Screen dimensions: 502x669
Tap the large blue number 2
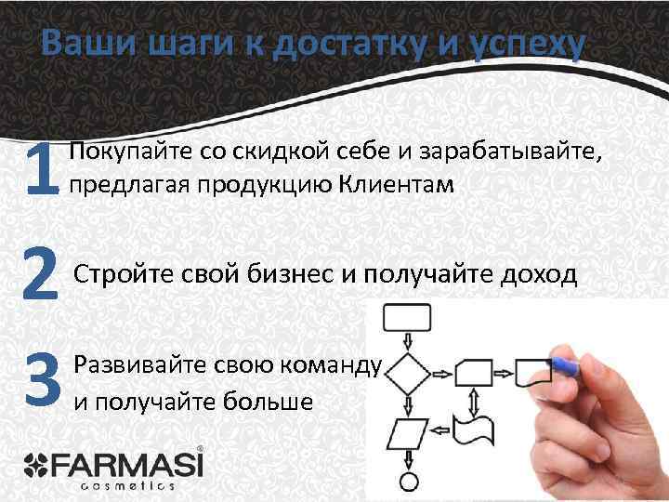click(x=42, y=275)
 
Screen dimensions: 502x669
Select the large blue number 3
click(x=43, y=380)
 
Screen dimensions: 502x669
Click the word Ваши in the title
click(x=83, y=44)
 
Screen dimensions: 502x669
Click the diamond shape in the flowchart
click(x=405, y=376)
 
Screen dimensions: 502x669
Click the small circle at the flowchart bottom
click(x=406, y=482)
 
